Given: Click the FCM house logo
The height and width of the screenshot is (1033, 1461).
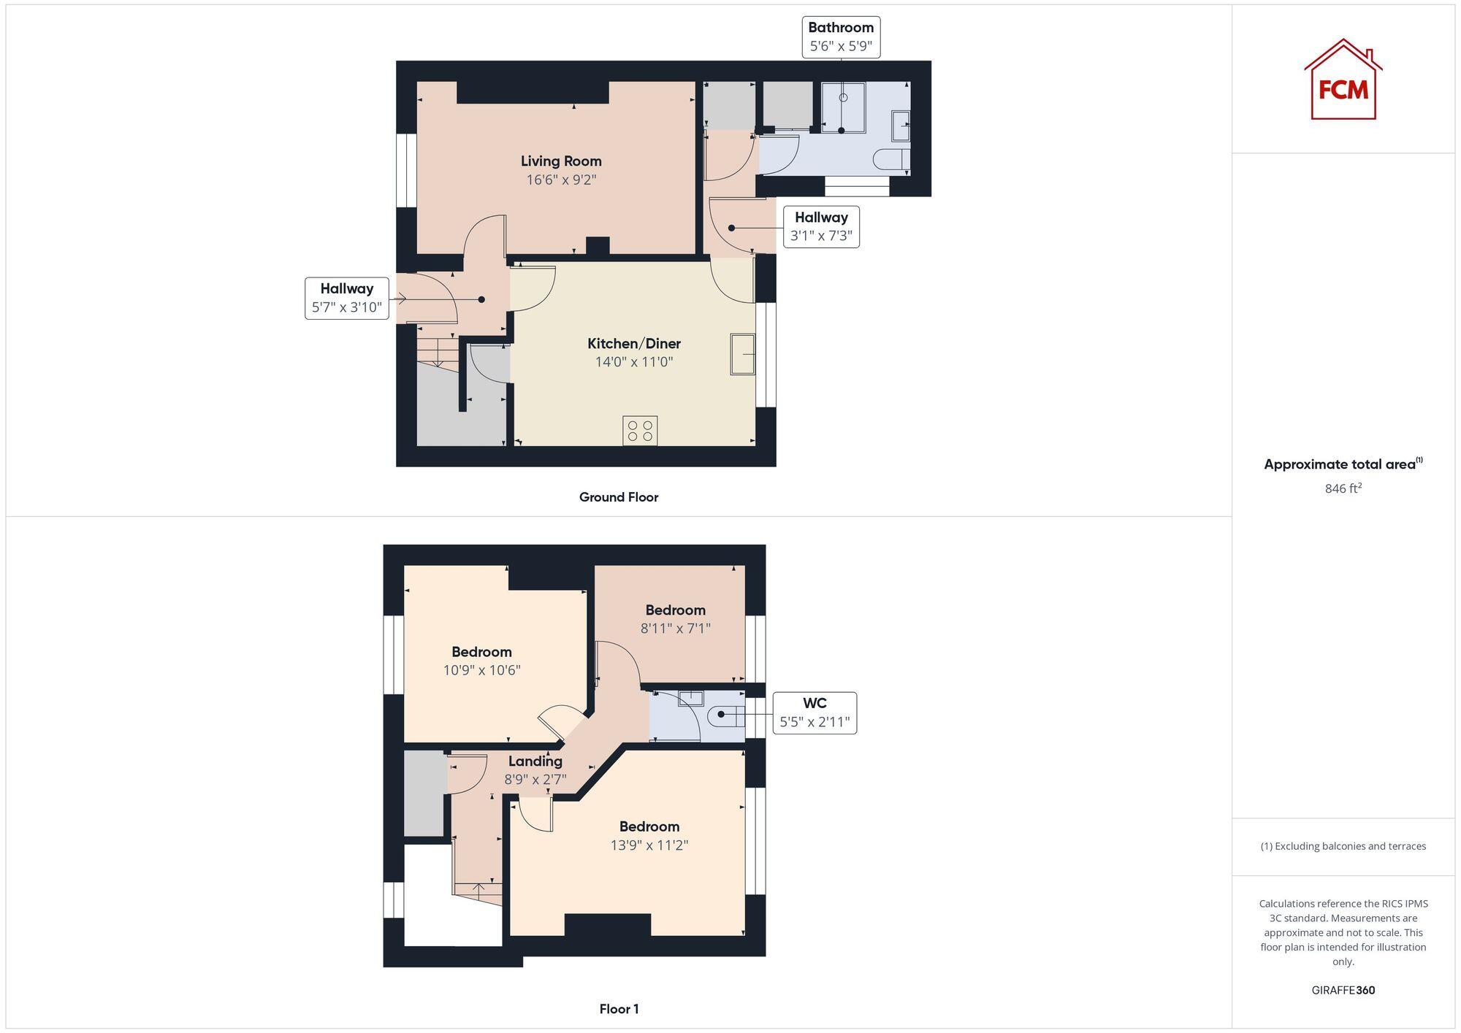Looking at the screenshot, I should point(1343,80).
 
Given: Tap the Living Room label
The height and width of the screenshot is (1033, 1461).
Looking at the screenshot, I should point(561,161).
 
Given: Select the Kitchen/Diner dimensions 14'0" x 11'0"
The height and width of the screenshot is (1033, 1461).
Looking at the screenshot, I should point(633,362).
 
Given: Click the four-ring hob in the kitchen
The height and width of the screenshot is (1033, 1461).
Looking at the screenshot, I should point(640,430).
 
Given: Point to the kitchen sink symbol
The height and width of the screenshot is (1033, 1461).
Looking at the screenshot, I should point(742,354).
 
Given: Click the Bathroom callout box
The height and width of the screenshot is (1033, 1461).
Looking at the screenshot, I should point(840,37).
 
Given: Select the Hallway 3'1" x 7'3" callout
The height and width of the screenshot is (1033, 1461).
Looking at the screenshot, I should point(821,227).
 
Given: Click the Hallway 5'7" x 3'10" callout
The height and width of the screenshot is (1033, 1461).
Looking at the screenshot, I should point(346,298).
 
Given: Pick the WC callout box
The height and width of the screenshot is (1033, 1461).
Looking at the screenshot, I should point(815,713).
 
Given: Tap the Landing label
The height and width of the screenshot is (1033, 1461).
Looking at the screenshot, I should point(535,761).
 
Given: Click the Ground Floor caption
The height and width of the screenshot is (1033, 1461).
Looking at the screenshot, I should point(618,497).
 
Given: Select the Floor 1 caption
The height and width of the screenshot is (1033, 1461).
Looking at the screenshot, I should point(619,1009).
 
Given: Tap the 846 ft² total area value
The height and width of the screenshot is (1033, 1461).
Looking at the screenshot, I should point(1343,488).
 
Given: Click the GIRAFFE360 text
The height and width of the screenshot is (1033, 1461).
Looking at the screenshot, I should point(1343,990).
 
